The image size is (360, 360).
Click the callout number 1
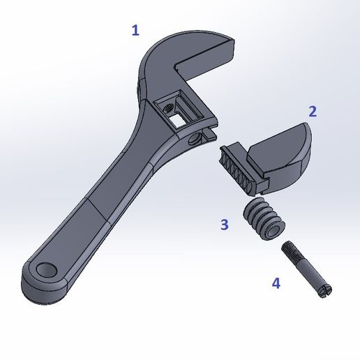point(135,30)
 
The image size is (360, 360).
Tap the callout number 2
point(313,111)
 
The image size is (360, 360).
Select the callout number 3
point(224,224)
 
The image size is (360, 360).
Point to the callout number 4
point(276,283)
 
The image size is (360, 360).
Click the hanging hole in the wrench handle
point(48,269)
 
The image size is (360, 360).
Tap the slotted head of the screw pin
point(326,291)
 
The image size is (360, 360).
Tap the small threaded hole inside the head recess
point(167,107)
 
